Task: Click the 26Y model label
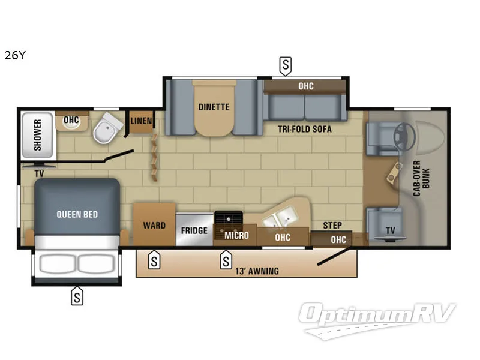(15, 57)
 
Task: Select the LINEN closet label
(141, 121)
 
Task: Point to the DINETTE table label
(214, 107)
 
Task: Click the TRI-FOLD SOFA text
(304, 129)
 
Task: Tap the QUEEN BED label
(77, 214)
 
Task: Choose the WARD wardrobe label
(154, 226)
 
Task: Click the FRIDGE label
(194, 230)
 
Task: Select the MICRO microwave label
(236, 235)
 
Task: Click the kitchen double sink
(279, 218)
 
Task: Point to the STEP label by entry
(332, 226)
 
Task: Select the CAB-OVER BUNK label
(421, 175)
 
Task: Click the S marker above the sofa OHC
(286, 65)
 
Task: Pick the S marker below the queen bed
(77, 295)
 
